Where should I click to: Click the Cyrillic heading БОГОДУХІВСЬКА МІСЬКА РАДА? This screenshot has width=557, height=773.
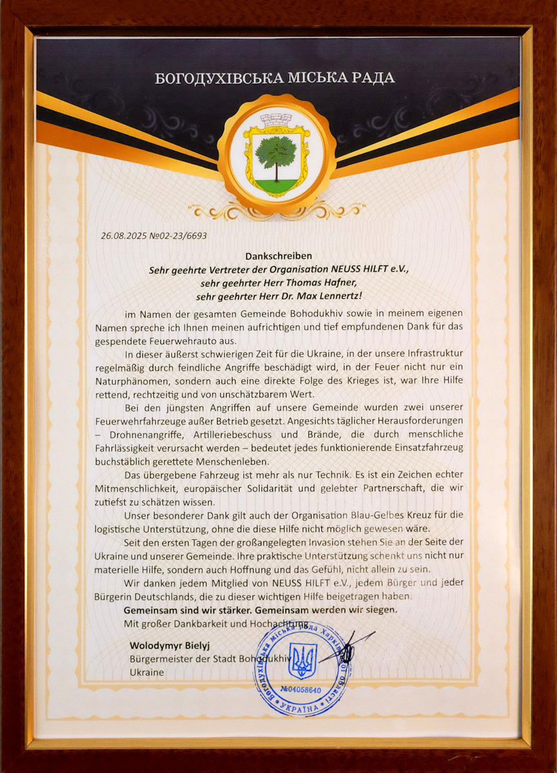275,79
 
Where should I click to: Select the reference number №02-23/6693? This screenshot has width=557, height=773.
178,236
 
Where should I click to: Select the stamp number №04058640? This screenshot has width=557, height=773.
299,690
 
